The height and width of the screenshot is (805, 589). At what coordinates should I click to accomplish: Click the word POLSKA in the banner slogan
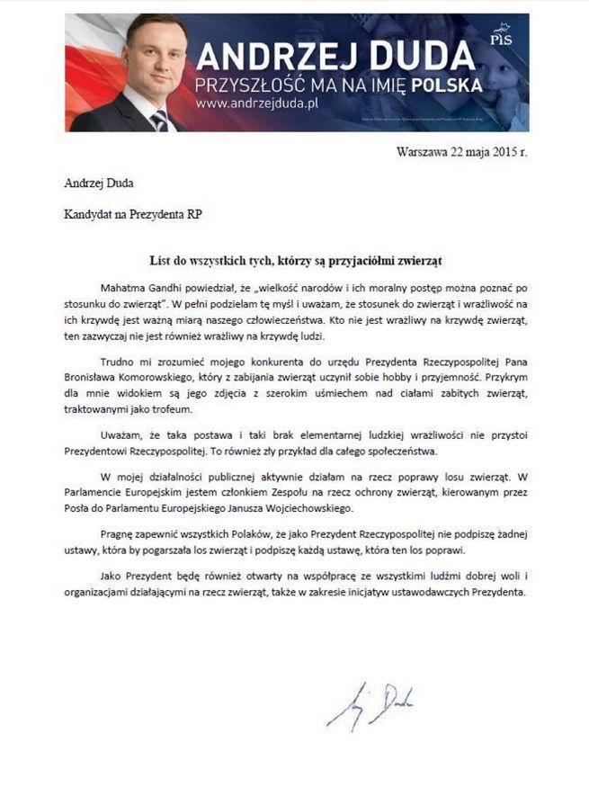[444, 85]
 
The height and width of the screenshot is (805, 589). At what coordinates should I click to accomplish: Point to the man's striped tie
[160, 120]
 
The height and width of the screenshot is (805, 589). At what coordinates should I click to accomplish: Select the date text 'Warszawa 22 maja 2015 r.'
[461, 151]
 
